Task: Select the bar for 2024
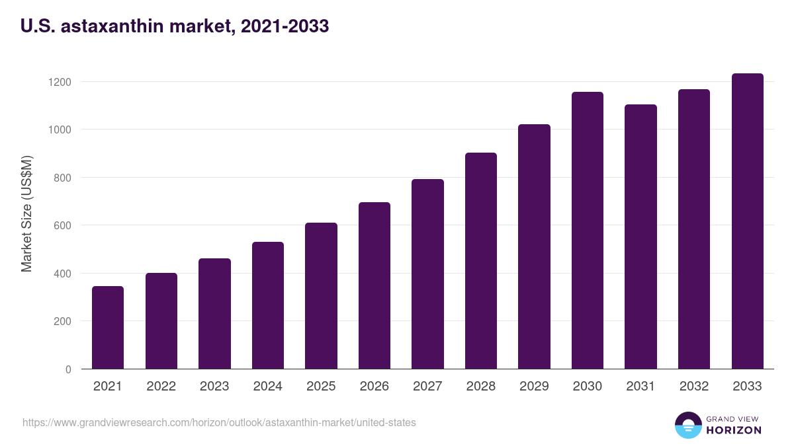(268, 305)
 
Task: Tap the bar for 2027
(427, 274)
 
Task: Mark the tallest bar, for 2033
(747, 221)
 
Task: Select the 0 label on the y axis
(68, 369)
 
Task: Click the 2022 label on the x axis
(161, 387)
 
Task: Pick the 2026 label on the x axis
(375, 387)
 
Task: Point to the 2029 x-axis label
(534, 387)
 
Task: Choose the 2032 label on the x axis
(694, 387)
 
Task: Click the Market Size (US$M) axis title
(26, 213)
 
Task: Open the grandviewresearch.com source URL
(219, 422)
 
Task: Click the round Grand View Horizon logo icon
(688, 425)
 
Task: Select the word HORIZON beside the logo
(734, 430)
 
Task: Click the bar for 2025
(321, 296)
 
